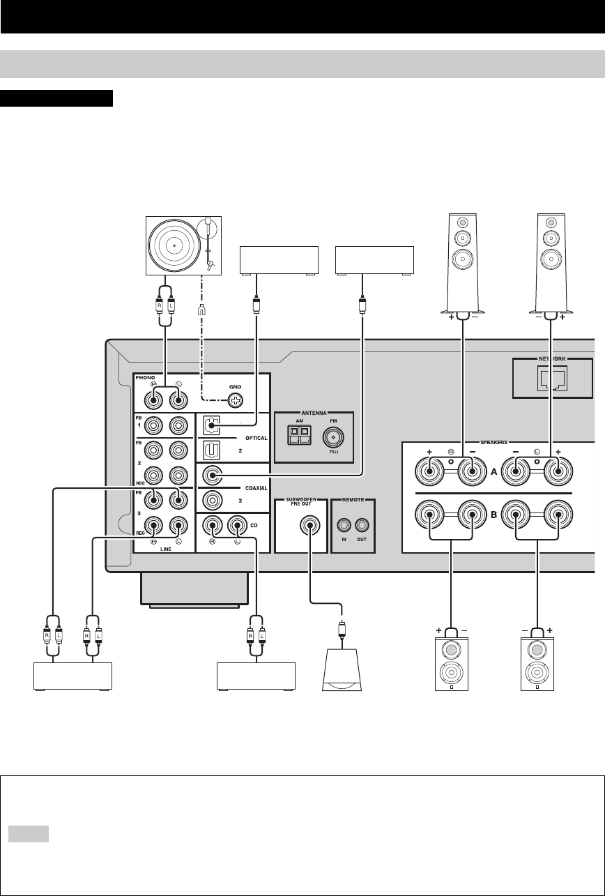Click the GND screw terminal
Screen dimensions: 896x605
(x=236, y=401)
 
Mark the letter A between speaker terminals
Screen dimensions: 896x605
(x=494, y=471)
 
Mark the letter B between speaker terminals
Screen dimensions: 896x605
(x=494, y=517)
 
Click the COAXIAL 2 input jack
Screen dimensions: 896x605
(x=211, y=500)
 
